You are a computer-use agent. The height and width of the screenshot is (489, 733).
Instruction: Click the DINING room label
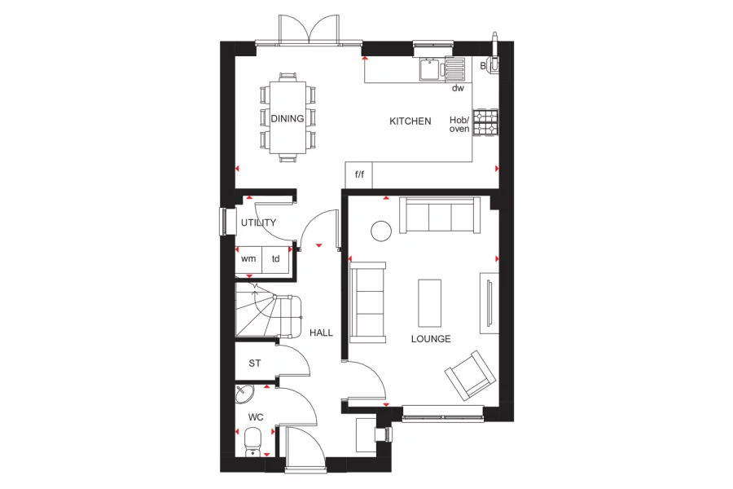(x=287, y=119)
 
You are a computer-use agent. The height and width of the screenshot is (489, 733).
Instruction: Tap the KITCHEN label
(x=410, y=121)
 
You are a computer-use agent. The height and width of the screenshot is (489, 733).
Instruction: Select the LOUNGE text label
(x=431, y=339)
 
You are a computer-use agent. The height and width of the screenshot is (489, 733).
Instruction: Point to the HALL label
(x=321, y=333)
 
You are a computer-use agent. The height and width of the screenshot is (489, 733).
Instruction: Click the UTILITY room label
(x=258, y=222)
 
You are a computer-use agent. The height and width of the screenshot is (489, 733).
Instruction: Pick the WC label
(x=256, y=417)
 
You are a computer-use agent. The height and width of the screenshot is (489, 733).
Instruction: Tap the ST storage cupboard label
(x=255, y=363)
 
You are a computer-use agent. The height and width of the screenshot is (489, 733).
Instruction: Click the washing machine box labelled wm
(x=248, y=259)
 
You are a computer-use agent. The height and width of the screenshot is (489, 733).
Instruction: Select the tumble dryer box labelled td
(x=276, y=259)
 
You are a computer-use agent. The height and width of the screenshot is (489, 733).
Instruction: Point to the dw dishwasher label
(x=458, y=88)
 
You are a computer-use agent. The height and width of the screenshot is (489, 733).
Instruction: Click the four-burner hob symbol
(x=486, y=123)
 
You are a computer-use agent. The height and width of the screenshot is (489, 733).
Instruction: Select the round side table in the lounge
(x=382, y=231)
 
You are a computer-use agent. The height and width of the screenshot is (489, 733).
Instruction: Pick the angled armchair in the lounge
(x=468, y=375)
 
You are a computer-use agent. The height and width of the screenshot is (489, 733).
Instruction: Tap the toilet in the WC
(x=252, y=443)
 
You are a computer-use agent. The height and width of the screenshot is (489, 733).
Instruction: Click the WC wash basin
(x=244, y=396)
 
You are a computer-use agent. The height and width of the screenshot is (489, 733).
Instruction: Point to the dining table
(x=287, y=118)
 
